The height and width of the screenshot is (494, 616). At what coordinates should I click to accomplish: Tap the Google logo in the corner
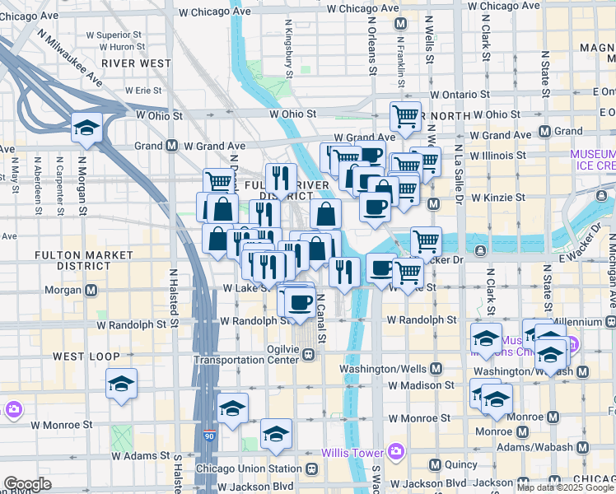click(27, 484)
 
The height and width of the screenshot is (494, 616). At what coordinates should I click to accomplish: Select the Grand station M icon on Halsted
click(172, 146)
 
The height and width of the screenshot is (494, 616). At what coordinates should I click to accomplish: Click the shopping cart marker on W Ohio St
click(404, 116)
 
